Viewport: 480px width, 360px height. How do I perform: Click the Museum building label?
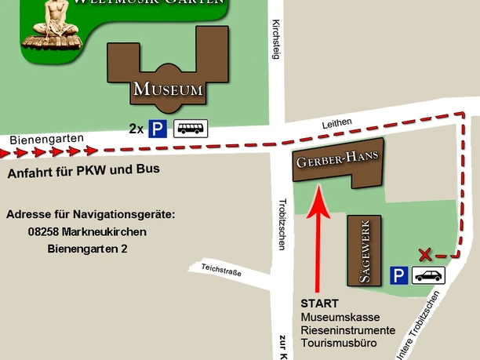click(168, 89)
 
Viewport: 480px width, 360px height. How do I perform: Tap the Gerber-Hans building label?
click(336, 160)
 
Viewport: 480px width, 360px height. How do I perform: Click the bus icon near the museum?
click(191, 128)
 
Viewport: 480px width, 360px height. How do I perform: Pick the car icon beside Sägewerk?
click(428, 275)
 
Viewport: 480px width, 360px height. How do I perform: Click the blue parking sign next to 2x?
click(158, 128)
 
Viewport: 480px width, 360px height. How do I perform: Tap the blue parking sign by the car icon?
click(400, 275)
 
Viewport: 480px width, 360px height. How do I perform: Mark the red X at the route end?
click(425, 254)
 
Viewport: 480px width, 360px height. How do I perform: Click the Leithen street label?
click(336, 125)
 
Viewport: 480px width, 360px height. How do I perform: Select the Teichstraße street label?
click(220, 271)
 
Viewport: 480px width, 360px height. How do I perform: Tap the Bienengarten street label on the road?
click(46, 139)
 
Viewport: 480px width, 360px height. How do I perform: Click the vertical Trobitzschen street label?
click(282, 223)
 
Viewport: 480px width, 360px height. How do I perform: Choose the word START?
click(319, 304)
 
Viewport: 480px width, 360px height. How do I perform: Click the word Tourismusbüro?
click(340, 343)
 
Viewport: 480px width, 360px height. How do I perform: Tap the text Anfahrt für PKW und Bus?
click(83, 169)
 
